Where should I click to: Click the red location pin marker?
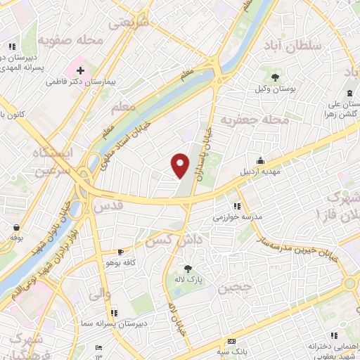point(181,165)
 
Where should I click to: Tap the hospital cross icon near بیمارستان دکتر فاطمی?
point(81,70)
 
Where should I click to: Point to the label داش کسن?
point(182,241)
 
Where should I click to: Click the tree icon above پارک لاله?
point(188,268)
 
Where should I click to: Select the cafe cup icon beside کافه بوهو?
point(120,251)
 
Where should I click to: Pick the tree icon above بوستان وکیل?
point(275,78)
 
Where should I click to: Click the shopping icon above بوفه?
point(15,226)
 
